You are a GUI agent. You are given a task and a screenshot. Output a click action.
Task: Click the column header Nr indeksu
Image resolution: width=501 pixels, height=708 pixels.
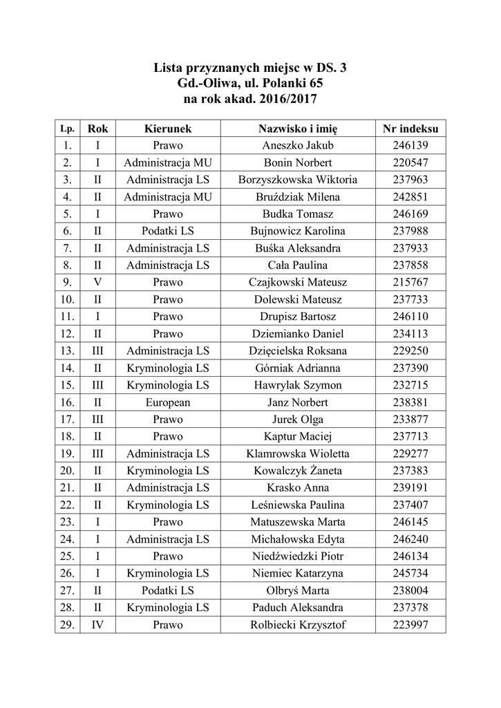tap(410, 129)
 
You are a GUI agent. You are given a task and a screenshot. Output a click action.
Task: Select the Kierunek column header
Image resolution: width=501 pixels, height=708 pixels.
tap(168, 129)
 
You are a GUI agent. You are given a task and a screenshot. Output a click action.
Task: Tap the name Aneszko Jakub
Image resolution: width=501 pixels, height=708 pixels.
tap(298, 146)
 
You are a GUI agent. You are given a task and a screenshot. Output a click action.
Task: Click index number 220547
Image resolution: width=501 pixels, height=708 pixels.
tap(410, 163)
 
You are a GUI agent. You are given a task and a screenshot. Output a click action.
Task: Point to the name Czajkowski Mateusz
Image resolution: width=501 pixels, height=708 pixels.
tap(298, 283)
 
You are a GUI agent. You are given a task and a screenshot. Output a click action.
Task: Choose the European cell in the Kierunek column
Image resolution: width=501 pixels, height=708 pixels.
tap(168, 402)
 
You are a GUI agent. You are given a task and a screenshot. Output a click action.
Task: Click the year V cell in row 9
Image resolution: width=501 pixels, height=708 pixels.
tap(98, 283)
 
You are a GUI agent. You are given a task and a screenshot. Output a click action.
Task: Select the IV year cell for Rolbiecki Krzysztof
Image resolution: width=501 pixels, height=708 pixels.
tap(98, 625)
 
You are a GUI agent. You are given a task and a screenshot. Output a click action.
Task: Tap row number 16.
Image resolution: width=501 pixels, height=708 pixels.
tap(67, 402)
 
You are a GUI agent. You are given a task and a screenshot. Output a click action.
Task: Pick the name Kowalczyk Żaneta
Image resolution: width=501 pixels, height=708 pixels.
tap(298, 471)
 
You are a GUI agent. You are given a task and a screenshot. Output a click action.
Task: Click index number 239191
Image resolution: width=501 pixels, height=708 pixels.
tap(410, 488)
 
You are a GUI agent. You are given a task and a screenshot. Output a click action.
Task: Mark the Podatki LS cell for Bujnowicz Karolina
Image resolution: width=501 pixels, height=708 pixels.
tap(168, 232)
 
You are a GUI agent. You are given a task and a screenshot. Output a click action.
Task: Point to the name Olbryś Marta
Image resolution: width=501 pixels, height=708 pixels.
tap(298, 590)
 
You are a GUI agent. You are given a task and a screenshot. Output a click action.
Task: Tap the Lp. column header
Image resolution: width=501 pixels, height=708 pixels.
tap(67, 129)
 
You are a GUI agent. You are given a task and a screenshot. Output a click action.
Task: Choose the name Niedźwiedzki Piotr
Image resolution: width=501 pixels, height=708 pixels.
tap(298, 557)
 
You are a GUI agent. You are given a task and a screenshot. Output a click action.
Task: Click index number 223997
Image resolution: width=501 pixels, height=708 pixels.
tap(410, 625)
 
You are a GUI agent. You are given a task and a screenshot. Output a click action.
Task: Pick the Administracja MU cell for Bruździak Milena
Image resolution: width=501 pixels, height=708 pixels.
tap(168, 197)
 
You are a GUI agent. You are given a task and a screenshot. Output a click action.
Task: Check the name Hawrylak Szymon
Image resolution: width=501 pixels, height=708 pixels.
tap(298, 385)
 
